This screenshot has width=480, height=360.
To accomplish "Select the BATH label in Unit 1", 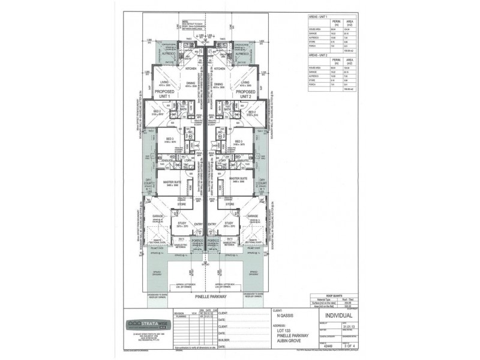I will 184,110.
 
